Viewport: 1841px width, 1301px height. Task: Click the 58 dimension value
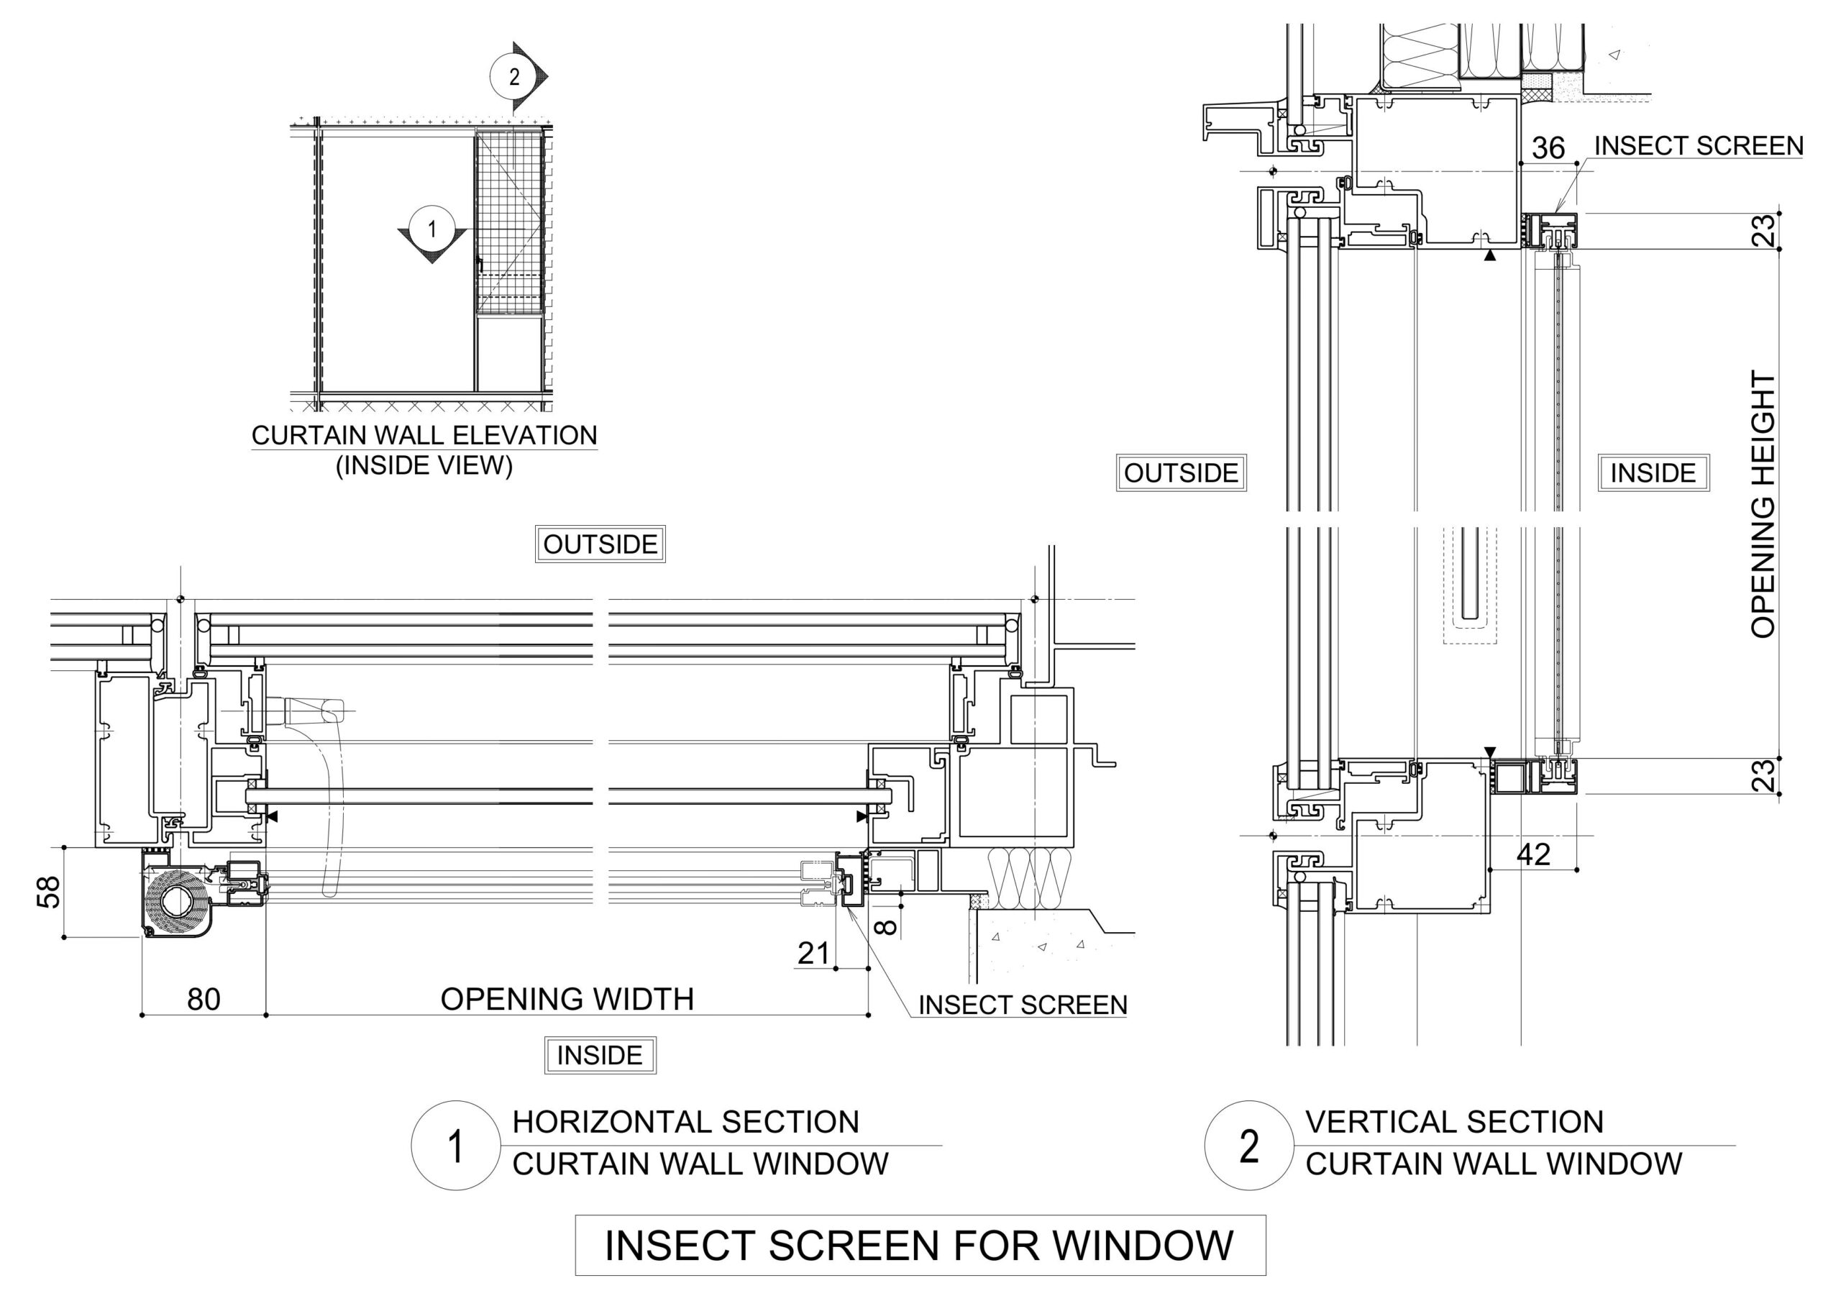[x=49, y=892]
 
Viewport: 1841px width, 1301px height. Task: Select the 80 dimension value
[x=204, y=1000]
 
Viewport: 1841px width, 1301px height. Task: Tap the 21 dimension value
[x=813, y=953]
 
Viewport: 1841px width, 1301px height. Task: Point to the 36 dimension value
[x=1548, y=148]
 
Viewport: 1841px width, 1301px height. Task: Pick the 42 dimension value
[x=1533, y=854]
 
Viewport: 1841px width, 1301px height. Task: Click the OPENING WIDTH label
[x=567, y=1000]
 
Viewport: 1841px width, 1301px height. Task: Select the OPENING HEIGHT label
[x=1763, y=503]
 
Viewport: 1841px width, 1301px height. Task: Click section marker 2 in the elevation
[x=515, y=76]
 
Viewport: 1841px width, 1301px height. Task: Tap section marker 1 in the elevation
[x=431, y=229]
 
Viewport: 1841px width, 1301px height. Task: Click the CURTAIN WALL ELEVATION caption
[x=424, y=436]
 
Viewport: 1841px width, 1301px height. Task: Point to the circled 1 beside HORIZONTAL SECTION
[x=455, y=1146]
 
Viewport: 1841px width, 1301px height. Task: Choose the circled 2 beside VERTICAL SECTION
[x=1248, y=1146]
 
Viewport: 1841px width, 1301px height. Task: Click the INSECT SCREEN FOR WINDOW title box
[x=920, y=1245]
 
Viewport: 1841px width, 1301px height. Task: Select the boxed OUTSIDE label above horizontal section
[x=600, y=544]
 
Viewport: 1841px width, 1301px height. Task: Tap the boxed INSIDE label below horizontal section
[x=600, y=1055]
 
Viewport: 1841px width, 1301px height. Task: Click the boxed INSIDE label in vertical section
[x=1653, y=473]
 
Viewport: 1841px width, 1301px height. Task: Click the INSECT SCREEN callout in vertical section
[x=1699, y=146]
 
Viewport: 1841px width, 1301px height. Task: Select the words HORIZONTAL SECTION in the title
[x=685, y=1121]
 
